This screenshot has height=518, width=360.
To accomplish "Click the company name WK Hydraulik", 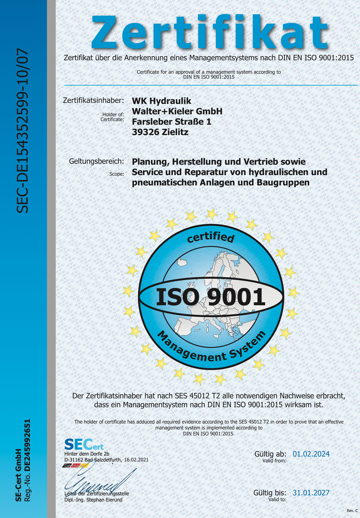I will tap(162, 101).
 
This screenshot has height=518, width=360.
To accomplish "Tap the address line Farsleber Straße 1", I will tap(171, 122).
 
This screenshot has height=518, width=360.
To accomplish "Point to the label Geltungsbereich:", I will tap(96, 161).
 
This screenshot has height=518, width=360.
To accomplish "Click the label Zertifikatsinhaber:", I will tap(94, 100).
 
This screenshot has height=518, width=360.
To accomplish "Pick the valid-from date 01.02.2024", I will tap(311, 454).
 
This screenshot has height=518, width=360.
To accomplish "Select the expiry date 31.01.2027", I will tap(311, 493).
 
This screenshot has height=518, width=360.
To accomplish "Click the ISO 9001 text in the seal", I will tap(211, 297).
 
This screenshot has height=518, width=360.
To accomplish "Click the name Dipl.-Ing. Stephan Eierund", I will tap(93, 500).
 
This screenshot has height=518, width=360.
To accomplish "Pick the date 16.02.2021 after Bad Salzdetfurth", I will tap(136, 460).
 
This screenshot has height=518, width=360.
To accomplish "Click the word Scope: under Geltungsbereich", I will tap(117, 174).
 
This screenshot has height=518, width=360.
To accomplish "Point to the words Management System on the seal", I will tap(212, 347).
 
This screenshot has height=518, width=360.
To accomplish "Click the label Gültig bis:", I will tap(270, 493).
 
